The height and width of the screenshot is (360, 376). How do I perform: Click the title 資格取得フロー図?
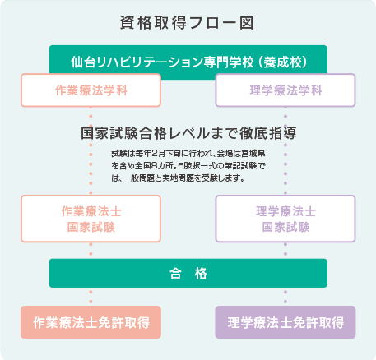[x=187, y=23]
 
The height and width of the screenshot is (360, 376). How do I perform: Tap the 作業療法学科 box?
[x=91, y=90]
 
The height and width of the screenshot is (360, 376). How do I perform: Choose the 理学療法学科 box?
[x=285, y=90]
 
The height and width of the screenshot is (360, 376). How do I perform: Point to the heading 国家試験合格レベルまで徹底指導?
[x=188, y=133]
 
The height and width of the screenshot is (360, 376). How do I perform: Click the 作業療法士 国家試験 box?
[x=91, y=219]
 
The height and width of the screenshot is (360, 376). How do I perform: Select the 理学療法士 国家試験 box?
[x=285, y=219]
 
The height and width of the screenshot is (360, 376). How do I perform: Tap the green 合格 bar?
[x=188, y=273]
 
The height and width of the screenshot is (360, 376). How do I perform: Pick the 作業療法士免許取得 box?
[x=91, y=322]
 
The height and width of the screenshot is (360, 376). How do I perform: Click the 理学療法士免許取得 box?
[x=285, y=322]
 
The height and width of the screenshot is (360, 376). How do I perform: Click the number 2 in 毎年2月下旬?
[x=155, y=154]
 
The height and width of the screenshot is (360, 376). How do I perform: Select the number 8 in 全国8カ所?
[x=155, y=166]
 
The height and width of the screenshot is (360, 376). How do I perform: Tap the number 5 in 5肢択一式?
[x=181, y=166]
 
